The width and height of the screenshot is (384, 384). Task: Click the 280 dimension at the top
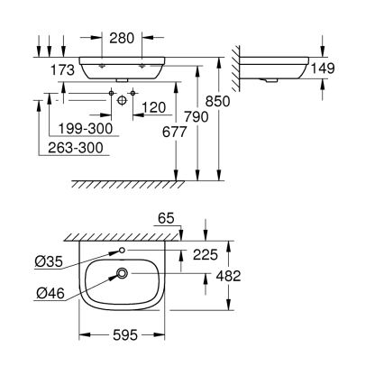tap(124, 39)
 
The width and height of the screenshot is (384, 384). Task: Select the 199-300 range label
tap(84, 129)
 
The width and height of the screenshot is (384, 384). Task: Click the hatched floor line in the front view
tap(144, 184)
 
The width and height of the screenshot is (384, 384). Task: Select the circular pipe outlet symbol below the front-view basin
tap(120, 100)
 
